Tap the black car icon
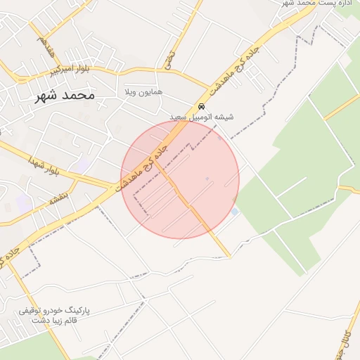202,106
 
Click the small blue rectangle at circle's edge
235,211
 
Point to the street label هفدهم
46,47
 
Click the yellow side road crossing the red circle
190,204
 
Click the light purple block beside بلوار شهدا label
83,165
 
